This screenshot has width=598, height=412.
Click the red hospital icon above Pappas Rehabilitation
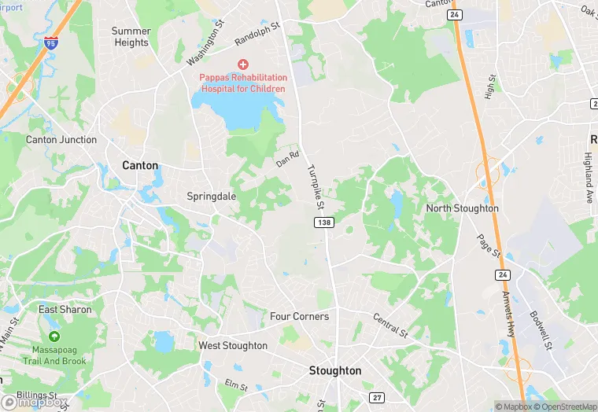(242, 64)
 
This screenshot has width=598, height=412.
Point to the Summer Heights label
(131, 37)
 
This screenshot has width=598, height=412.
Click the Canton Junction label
(61, 140)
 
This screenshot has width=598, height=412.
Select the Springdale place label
(211, 196)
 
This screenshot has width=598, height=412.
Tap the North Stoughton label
(462, 208)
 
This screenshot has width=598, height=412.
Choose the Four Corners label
(299, 316)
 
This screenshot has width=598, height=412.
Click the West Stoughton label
(233, 345)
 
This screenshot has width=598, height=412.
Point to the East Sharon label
(65, 309)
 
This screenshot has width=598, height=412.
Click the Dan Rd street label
(288, 158)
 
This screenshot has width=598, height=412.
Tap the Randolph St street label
(257, 34)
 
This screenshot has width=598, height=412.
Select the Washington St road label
(206, 49)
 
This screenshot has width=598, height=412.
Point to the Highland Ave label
(588, 178)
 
